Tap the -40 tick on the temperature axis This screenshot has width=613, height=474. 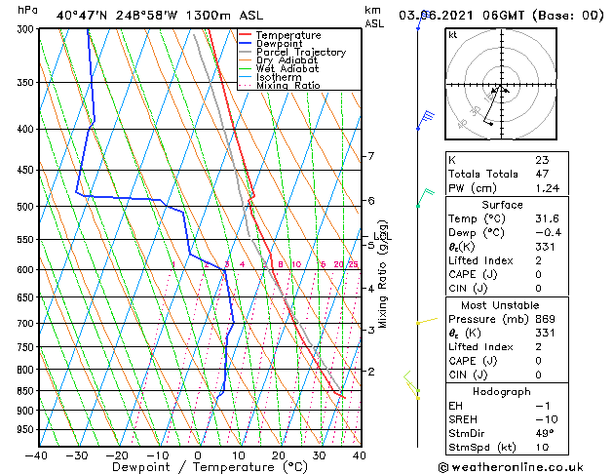point(37,454)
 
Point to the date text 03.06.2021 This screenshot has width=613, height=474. point(439,15)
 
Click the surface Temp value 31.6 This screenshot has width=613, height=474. point(547,218)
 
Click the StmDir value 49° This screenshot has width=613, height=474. point(544,433)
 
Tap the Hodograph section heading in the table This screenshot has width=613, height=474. point(502,391)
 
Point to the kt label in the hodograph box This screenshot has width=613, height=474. point(452,35)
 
